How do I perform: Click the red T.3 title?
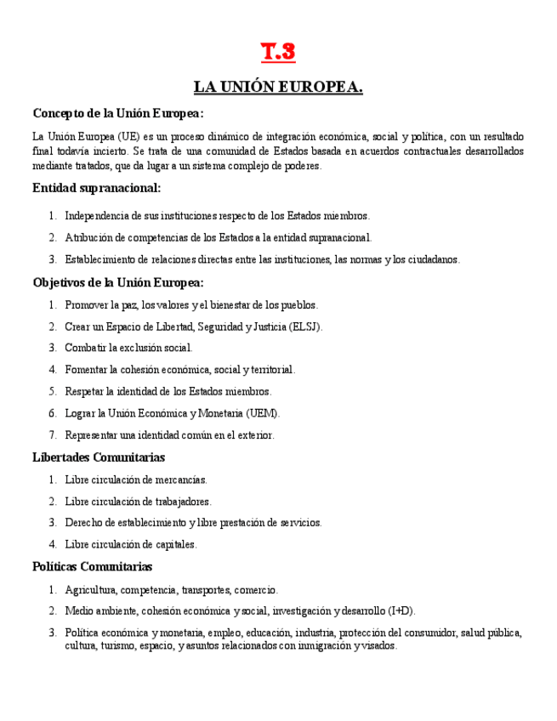click(x=278, y=53)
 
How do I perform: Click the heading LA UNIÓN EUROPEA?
click(x=278, y=87)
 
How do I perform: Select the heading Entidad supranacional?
click(x=96, y=187)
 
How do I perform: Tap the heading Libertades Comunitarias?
click(x=99, y=457)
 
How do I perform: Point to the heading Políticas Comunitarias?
click(x=93, y=566)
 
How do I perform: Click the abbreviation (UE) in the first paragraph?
click(x=129, y=136)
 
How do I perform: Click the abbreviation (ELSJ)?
click(x=305, y=326)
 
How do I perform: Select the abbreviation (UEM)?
click(x=263, y=413)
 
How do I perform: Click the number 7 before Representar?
click(x=53, y=435)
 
